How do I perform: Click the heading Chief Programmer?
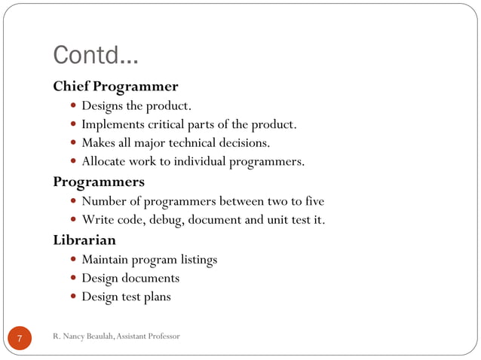click(115, 86)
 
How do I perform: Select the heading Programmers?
click(99, 182)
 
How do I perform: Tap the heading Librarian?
click(84, 240)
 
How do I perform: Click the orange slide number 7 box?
click(20, 337)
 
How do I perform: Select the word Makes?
click(99, 143)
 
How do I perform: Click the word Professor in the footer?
click(163, 335)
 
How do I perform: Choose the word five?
click(311, 201)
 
